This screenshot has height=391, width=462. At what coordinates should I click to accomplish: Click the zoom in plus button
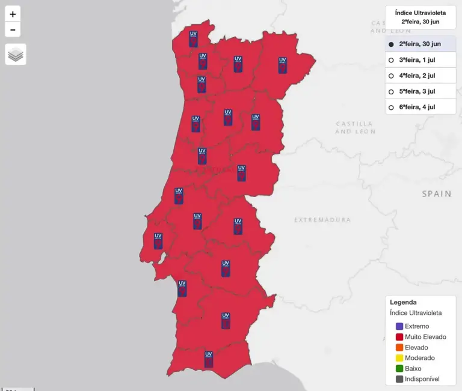13,14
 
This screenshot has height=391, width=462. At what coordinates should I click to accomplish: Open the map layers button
16,55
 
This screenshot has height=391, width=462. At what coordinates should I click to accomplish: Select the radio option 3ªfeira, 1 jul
391,60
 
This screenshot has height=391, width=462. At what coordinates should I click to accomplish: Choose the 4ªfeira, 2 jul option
391,76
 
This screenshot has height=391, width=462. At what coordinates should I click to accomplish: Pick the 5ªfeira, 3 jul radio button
391,92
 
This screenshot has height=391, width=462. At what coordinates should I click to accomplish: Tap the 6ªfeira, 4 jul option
391,108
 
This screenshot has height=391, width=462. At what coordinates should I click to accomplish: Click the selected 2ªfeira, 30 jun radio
391,44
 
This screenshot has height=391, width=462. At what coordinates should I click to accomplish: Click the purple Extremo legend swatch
399,326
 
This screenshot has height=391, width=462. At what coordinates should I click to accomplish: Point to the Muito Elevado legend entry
425,337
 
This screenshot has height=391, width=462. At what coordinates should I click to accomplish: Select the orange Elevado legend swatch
399,348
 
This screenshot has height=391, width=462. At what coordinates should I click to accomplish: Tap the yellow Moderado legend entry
419,358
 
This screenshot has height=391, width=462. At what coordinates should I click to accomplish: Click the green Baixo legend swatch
399,369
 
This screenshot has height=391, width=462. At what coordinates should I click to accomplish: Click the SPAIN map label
436,194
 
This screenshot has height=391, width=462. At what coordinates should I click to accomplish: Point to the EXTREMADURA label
322,220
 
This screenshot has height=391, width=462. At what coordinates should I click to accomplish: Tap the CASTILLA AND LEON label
355,127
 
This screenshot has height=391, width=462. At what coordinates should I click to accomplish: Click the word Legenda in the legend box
403,303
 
